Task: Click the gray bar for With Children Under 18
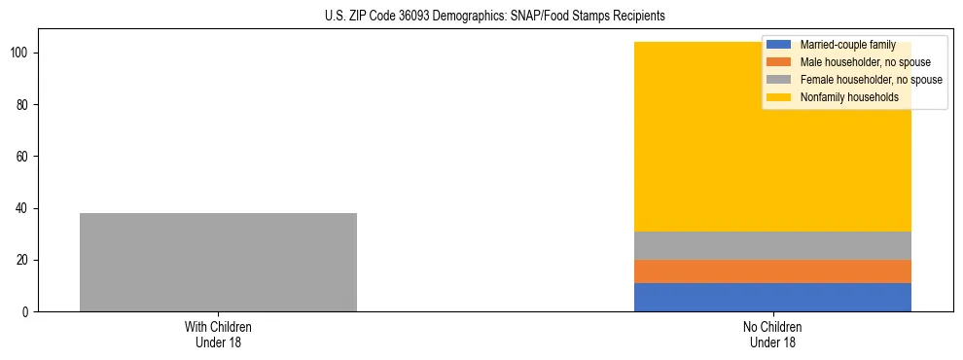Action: point(218,262)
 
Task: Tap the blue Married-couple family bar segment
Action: point(772,297)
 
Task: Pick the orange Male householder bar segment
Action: point(772,271)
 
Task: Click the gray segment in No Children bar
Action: point(772,245)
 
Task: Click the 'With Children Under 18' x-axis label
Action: point(218,335)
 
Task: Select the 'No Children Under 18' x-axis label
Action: point(772,335)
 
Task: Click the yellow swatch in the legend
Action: point(779,97)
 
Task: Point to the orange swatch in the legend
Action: point(779,62)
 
